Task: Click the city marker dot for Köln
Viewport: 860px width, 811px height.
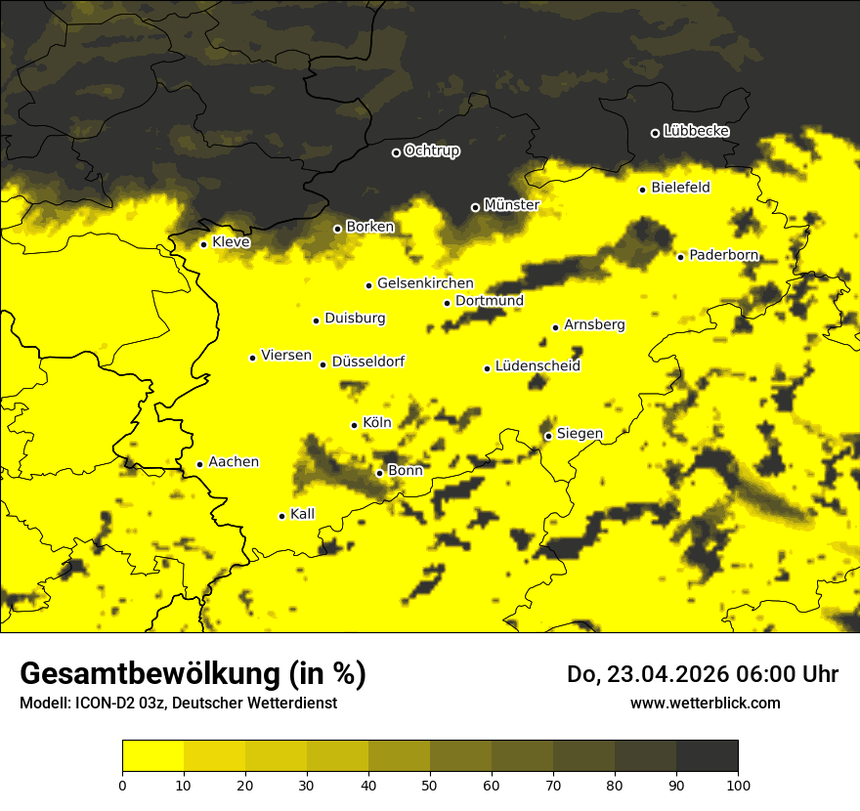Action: click(354, 425)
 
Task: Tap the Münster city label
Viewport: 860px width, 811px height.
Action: click(511, 205)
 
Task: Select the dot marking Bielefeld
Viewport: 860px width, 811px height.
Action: click(642, 190)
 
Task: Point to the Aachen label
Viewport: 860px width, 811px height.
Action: click(234, 462)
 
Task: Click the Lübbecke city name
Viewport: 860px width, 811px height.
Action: click(696, 131)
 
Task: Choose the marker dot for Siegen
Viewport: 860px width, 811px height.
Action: click(548, 436)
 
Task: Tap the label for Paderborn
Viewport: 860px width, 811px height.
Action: click(723, 255)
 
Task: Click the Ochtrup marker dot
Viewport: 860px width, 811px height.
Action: click(396, 152)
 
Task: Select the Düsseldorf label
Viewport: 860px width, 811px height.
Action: click(368, 363)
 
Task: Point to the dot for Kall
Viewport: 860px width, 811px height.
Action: click(281, 516)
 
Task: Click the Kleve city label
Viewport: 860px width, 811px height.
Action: click(231, 242)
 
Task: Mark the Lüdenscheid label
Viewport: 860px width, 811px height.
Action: click(537, 366)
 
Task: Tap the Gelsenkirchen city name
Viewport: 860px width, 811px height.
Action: click(425, 283)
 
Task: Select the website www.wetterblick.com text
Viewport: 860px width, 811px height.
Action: click(705, 703)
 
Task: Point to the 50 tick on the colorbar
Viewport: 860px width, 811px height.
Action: click(430, 784)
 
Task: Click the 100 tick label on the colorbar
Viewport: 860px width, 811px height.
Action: click(738, 784)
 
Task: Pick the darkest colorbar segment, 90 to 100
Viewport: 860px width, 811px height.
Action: click(707, 755)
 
